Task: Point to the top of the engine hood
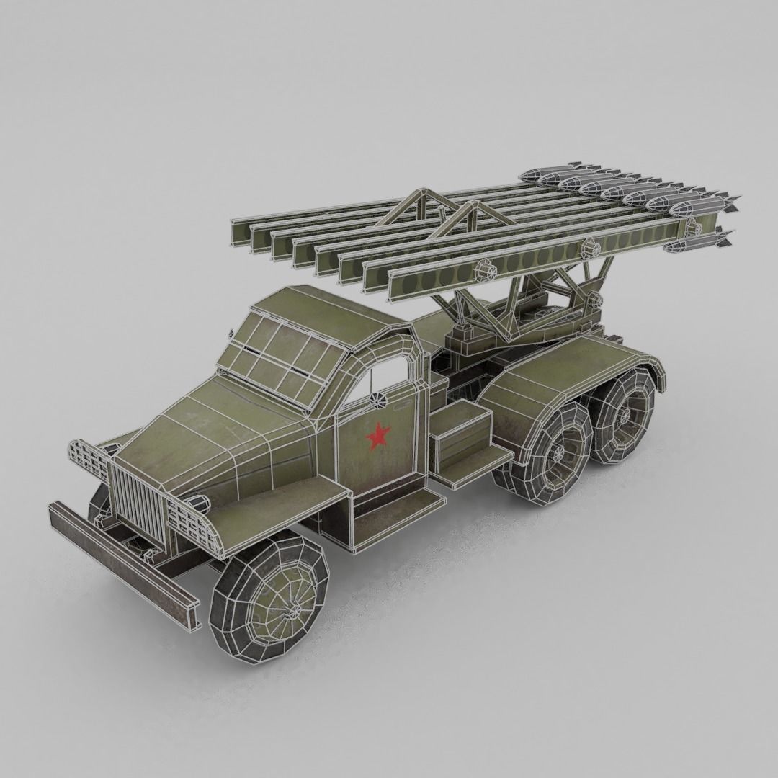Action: (216, 432)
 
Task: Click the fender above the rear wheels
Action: (569, 375)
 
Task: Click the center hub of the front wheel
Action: (294, 611)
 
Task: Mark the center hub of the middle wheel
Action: (557, 452)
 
